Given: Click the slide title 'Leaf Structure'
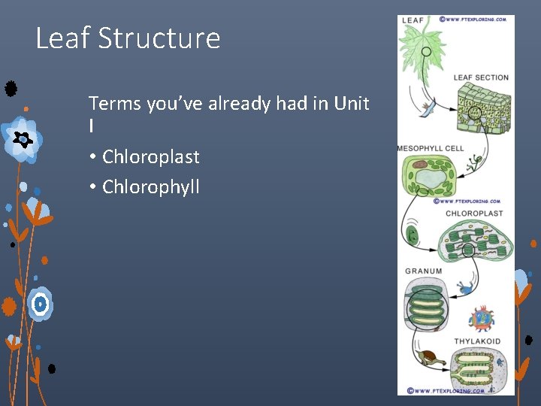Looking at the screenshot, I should pos(128,38).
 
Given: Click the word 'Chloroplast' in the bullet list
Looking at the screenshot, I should pos(150,157).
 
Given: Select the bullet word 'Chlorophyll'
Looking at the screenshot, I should pos(150,186).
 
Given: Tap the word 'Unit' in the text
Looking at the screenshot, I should pos(352,103).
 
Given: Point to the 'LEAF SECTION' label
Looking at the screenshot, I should pos(481,77).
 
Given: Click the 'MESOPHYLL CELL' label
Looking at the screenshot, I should pos(431,149).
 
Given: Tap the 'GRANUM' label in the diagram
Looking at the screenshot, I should pos(424,271).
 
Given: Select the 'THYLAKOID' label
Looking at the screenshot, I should pos(477,341).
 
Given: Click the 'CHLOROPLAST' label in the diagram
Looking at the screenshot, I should pos(474,214).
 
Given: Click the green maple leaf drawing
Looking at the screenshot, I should pos(425,49).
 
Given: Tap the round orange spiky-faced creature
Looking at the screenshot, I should pos(481,319).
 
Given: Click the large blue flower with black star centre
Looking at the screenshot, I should pos(22,139).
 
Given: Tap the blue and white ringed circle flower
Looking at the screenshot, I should pos(41,304).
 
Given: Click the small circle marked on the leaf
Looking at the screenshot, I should pos(425,53).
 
